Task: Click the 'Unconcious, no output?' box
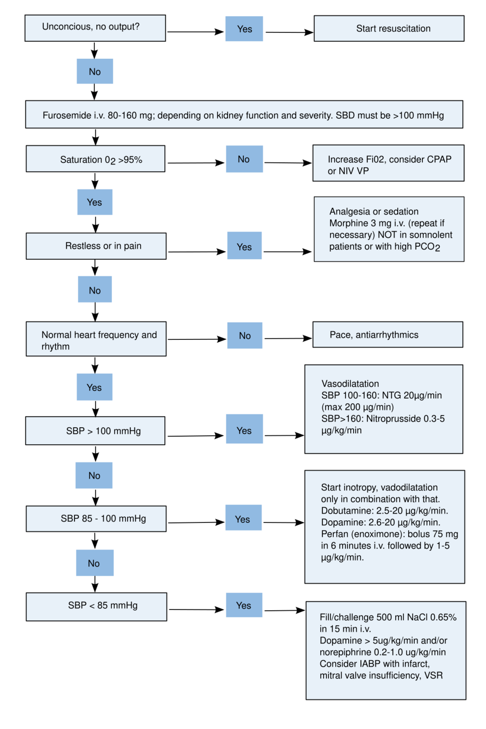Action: click(x=95, y=28)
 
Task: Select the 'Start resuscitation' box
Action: click(x=389, y=28)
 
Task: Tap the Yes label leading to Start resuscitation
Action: click(x=244, y=29)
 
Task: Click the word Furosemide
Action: click(x=64, y=115)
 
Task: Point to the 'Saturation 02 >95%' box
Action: click(x=95, y=159)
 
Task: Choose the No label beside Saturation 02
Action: click(x=244, y=159)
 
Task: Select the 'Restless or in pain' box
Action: click(x=96, y=246)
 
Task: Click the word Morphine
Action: click(x=349, y=223)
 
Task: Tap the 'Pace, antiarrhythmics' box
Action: click(x=387, y=335)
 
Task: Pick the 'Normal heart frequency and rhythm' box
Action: click(x=96, y=339)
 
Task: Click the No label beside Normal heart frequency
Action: click(x=244, y=336)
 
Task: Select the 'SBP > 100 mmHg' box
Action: click(x=95, y=431)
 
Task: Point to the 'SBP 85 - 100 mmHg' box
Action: click(x=96, y=518)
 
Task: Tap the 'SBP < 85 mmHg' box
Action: click(x=96, y=606)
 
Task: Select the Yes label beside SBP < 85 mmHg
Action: click(x=244, y=605)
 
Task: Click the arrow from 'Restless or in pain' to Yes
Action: click(x=196, y=252)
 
